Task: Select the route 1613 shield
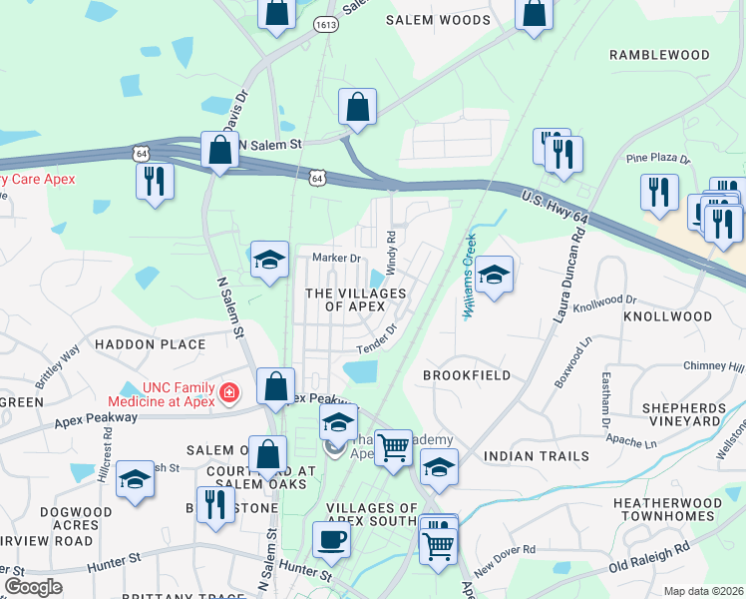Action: [x=325, y=24]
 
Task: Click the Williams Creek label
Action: [x=468, y=276]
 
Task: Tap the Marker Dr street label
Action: [x=335, y=258]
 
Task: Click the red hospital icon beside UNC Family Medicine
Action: [x=229, y=393]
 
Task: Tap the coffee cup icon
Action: [x=331, y=539]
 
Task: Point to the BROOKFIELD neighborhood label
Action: [x=466, y=375]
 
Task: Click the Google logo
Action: [x=33, y=586]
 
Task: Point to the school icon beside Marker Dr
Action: [x=269, y=262]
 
